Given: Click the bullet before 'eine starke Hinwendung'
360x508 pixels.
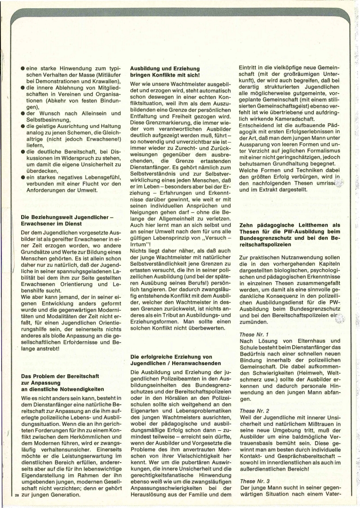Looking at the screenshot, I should click(23, 68).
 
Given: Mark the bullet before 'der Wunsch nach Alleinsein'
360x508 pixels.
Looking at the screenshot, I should click(23, 113).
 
